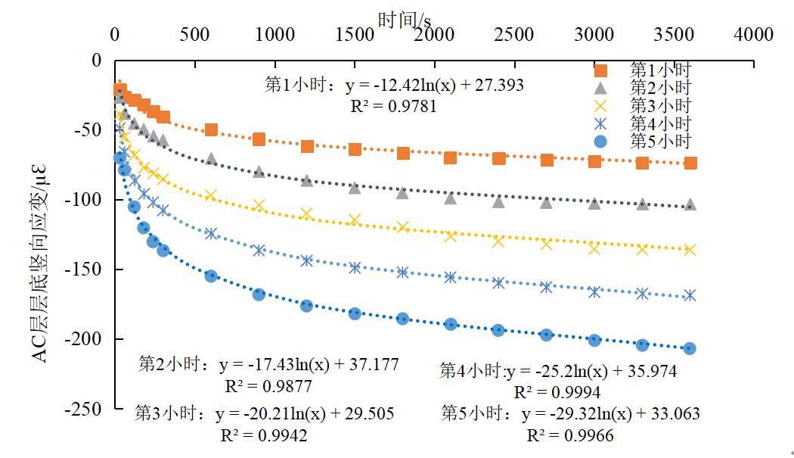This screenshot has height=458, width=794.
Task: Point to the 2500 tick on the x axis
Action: pyautogui.click(x=515, y=35)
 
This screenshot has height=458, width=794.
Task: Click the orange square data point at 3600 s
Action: pyautogui.click(x=690, y=163)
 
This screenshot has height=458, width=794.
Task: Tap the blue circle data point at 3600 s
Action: pyautogui.click(x=690, y=348)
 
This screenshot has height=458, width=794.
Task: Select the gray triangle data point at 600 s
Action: pyautogui.click(x=211, y=159)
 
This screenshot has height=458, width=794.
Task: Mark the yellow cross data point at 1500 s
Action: pyautogui.click(x=355, y=220)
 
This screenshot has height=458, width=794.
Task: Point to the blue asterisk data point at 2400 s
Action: pyautogui.click(x=498, y=282)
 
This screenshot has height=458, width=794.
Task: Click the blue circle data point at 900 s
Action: pyautogui.click(x=259, y=294)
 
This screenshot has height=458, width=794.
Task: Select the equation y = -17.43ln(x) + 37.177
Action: pyautogui.click(x=309, y=365)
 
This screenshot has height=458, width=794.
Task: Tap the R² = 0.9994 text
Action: pyautogui.click(x=557, y=392)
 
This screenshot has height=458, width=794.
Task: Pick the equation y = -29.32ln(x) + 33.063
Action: pyautogui.click(x=610, y=414)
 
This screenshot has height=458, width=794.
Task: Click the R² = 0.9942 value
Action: pyautogui.click(x=264, y=435)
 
